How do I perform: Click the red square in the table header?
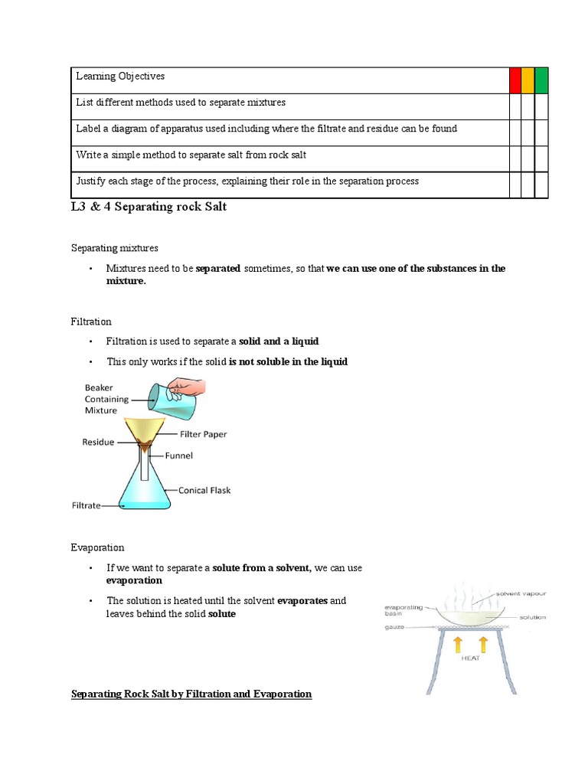click(x=515, y=80)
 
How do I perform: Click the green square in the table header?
click(x=541, y=80)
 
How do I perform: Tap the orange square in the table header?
click(x=528, y=80)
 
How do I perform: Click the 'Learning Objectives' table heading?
click(x=120, y=77)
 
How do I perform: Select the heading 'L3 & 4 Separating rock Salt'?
click(x=149, y=207)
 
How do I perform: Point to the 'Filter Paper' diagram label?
click(x=203, y=434)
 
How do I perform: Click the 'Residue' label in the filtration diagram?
click(x=98, y=442)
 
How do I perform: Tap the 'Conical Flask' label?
click(x=204, y=490)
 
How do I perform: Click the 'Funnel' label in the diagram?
click(x=178, y=455)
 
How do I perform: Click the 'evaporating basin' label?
click(x=403, y=609)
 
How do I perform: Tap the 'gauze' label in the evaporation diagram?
click(x=396, y=627)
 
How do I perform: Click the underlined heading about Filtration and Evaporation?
click(x=191, y=694)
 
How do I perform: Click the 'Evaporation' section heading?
click(x=97, y=547)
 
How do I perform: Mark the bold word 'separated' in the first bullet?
click(x=218, y=269)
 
